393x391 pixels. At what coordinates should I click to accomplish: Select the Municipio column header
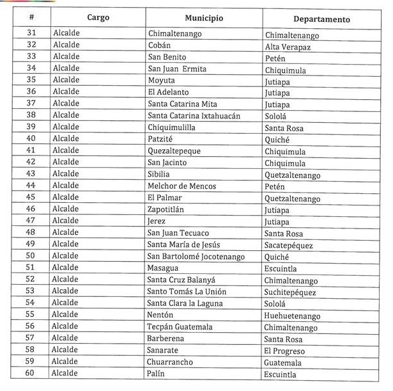click(x=203, y=18)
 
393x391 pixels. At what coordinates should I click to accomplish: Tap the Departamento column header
click(x=323, y=19)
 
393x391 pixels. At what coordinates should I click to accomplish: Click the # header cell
click(x=31, y=17)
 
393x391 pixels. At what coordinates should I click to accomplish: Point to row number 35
click(x=31, y=80)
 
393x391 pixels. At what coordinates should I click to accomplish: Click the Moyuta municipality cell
click(x=161, y=80)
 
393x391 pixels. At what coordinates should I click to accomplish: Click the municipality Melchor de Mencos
click(x=182, y=186)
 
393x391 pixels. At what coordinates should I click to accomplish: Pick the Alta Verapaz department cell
click(x=288, y=46)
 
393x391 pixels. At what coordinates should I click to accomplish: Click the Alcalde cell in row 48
click(x=66, y=233)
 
